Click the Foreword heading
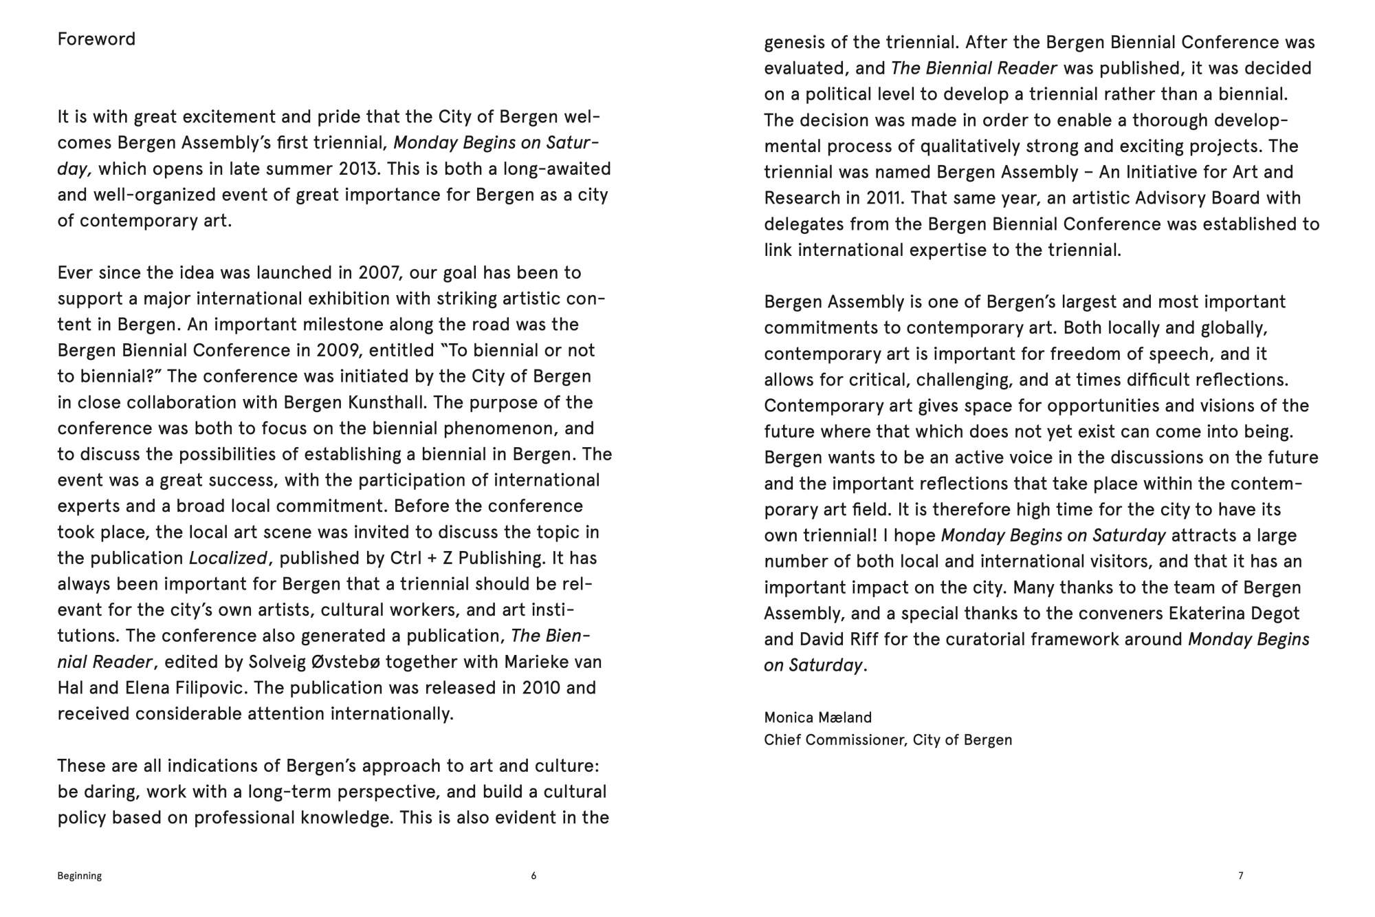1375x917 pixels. click(96, 39)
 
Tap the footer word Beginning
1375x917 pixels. click(80, 876)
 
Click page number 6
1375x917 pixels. click(533, 876)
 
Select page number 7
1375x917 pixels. click(1240, 876)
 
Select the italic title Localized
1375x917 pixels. click(228, 558)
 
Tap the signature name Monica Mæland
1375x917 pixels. click(817, 718)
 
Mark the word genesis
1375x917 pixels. click(794, 43)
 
